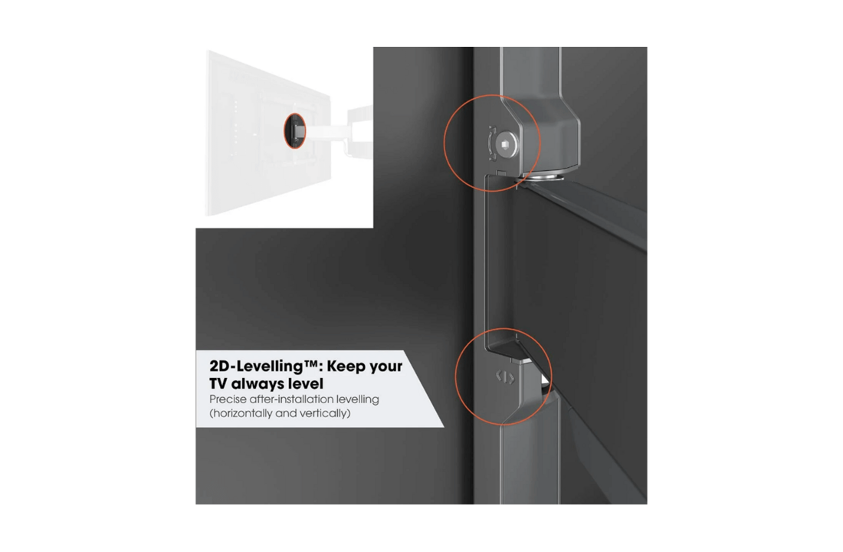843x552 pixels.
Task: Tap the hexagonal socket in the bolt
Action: pos(505,145)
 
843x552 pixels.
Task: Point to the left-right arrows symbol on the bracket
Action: pos(505,378)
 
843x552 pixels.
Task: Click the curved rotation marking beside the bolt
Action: pos(490,143)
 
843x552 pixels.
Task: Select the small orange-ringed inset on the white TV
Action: pos(294,131)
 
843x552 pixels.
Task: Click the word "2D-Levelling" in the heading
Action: pos(257,366)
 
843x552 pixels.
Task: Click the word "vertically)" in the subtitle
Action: pos(324,413)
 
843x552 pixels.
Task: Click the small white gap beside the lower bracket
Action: pos(544,380)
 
